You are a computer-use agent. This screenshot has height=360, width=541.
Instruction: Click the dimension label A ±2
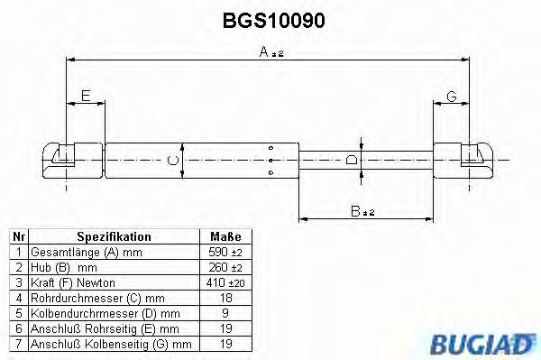coord(271,54)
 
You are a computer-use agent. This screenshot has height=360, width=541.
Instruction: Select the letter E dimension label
coord(86,96)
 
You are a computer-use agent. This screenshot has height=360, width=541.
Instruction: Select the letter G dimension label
coord(452,96)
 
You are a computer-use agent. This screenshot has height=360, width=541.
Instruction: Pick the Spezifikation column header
coord(113,236)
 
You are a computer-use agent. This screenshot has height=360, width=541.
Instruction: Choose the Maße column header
coord(220,236)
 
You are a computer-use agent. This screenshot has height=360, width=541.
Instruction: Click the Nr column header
coord(17,236)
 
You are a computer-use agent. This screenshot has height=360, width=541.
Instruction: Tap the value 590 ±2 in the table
coord(223,252)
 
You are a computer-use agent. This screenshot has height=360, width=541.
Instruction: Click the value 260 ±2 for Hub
coord(223,267)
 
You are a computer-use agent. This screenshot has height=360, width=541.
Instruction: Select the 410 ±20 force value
coord(223,282)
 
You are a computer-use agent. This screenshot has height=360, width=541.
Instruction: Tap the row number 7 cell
coord(17,344)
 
